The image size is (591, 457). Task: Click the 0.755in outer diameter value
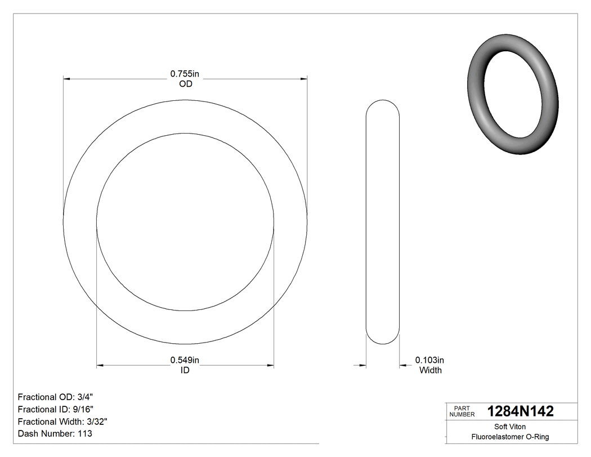pyautogui.click(x=185, y=74)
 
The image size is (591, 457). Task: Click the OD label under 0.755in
pyautogui.click(x=185, y=84)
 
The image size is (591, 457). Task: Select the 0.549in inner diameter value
pyautogui.click(x=185, y=360)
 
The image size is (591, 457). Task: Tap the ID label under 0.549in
pyautogui.click(x=185, y=370)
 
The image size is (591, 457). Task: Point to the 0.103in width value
pyautogui.click(x=430, y=360)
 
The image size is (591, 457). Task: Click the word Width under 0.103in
pyautogui.click(x=430, y=370)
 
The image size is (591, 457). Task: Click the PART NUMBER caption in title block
pyautogui.click(x=462, y=411)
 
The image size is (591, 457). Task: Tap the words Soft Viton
pyautogui.click(x=510, y=427)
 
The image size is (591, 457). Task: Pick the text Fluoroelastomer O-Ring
pyautogui.click(x=510, y=437)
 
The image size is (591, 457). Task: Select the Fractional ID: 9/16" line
pyautogui.click(x=56, y=409)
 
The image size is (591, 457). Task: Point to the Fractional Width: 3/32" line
pyautogui.click(x=62, y=421)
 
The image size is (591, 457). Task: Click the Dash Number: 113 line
pyautogui.click(x=55, y=434)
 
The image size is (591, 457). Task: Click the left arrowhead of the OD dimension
pyautogui.click(x=66, y=79)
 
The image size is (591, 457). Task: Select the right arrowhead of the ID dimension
pyautogui.click(x=271, y=366)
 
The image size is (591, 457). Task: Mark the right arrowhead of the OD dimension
pyautogui.click(x=305, y=79)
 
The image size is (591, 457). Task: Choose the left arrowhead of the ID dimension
pyautogui.click(x=100, y=366)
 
